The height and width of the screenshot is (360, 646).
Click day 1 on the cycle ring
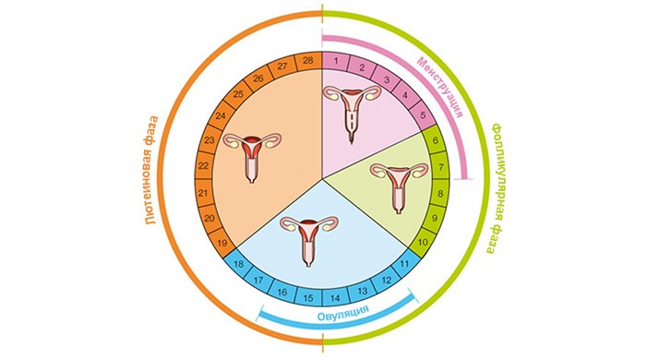coord(336,62)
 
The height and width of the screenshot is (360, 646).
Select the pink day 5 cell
coord(423,114)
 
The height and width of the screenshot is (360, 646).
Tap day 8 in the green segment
coord(440,193)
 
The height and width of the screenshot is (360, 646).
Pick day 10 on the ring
coord(423,242)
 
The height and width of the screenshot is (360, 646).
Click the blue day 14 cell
coord(335,298)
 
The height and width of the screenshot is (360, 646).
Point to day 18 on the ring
coord(238,264)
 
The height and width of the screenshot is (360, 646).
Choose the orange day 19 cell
coord(222,243)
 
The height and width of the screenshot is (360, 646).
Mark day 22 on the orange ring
coord(203,166)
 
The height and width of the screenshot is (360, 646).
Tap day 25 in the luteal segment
coord(238,94)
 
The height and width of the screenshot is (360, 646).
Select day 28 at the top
coord(308,61)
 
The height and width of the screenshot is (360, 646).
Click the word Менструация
coord(439,87)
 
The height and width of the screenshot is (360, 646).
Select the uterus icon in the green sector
coord(400,186)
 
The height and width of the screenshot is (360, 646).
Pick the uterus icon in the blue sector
coord(309,240)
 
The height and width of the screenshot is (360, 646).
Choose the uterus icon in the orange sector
coord(252,157)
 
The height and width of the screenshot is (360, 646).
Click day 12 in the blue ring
coord(387,281)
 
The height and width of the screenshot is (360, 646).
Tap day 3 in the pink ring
coord(387,79)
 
